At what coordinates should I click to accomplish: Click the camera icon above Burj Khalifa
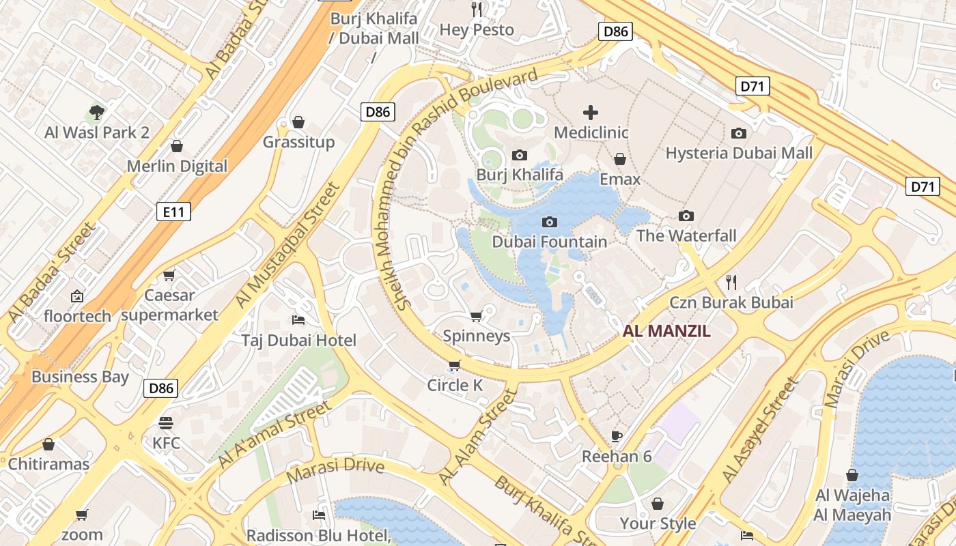(x=520, y=155)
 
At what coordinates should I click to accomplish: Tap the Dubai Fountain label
(x=549, y=242)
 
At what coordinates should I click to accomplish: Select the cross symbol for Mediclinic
(x=591, y=112)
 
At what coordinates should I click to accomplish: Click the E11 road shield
(x=174, y=212)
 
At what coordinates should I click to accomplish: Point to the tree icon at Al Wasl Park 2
(x=97, y=112)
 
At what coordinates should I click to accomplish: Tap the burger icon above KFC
(x=166, y=422)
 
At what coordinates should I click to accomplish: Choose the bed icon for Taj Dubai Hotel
(x=298, y=319)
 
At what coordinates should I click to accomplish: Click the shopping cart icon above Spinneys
(x=476, y=315)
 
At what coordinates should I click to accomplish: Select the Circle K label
(x=455, y=385)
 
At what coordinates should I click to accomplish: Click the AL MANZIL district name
(x=666, y=332)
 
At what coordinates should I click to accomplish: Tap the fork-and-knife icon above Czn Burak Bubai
(x=731, y=282)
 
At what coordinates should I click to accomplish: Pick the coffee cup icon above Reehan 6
(x=617, y=436)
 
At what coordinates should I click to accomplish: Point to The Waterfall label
(x=686, y=236)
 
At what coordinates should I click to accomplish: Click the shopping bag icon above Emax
(x=620, y=159)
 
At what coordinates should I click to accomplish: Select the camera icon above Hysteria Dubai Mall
(x=739, y=133)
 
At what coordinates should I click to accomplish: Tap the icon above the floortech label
(x=76, y=296)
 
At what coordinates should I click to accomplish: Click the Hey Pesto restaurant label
(x=477, y=30)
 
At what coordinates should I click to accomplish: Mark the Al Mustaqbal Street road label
(x=287, y=246)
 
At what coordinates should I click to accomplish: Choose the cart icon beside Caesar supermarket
(x=169, y=275)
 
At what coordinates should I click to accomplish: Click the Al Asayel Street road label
(x=760, y=430)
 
